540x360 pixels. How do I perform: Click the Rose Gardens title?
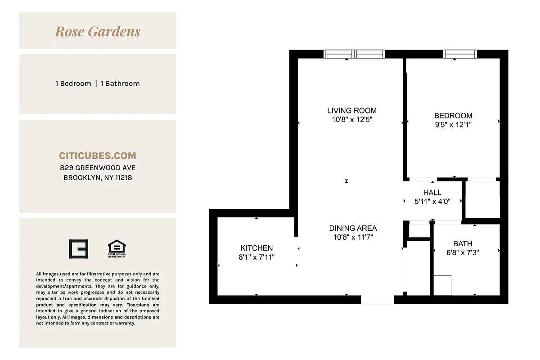pyautogui.click(x=98, y=31)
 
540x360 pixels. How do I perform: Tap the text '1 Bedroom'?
pyautogui.click(x=73, y=83)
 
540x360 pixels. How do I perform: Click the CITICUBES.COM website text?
pyautogui.click(x=98, y=156)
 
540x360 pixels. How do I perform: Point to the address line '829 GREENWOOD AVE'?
pyautogui.click(x=98, y=168)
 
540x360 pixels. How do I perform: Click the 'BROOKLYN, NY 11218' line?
pyautogui.click(x=98, y=178)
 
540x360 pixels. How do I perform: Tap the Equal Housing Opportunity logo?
pyautogui.click(x=117, y=249)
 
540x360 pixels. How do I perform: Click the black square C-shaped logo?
pyautogui.click(x=78, y=249)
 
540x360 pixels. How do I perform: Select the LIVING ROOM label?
pyautogui.click(x=352, y=110)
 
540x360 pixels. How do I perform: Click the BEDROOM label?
pyautogui.click(x=453, y=116)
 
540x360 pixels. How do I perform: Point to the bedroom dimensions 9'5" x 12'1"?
pyautogui.click(x=453, y=125)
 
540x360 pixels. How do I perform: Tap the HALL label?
pyautogui.click(x=432, y=193)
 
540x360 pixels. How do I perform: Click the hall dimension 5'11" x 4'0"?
pyautogui.click(x=432, y=202)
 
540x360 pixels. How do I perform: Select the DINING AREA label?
pyautogui.click(x=353, y=228)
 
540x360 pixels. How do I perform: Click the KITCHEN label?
pyautogui.click(x=256, y=248)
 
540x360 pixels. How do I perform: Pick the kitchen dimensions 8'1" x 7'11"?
pyautogui.click(x=256, y=257)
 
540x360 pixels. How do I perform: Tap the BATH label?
pyautogui.click(x=463, y=243)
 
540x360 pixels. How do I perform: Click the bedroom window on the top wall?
pyautogui.click(x=460, y=54)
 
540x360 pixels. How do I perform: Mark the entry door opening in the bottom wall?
pyautogui.click(x=377, y=300)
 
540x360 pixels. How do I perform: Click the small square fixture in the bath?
pyautogui.click(x=442, y=285)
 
